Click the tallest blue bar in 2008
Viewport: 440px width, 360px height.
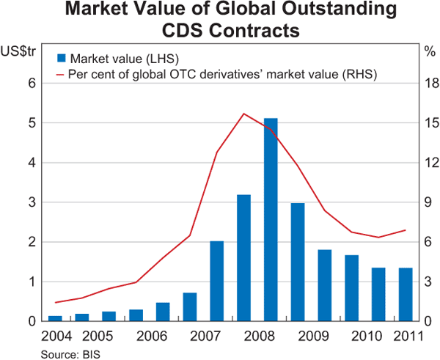pos(271,220)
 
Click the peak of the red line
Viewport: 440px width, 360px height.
pos(243,114)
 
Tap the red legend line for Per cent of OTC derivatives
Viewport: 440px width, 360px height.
pos(61,74)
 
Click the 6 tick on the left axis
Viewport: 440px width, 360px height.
pos(32,83)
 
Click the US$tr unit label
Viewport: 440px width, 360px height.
pos(15,51)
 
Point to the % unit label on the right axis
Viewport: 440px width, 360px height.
pos(430,51)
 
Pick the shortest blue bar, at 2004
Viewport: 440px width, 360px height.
pos(55,318)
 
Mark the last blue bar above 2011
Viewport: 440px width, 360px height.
pos(406,294)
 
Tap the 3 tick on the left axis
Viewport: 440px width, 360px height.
pos(32,202)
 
